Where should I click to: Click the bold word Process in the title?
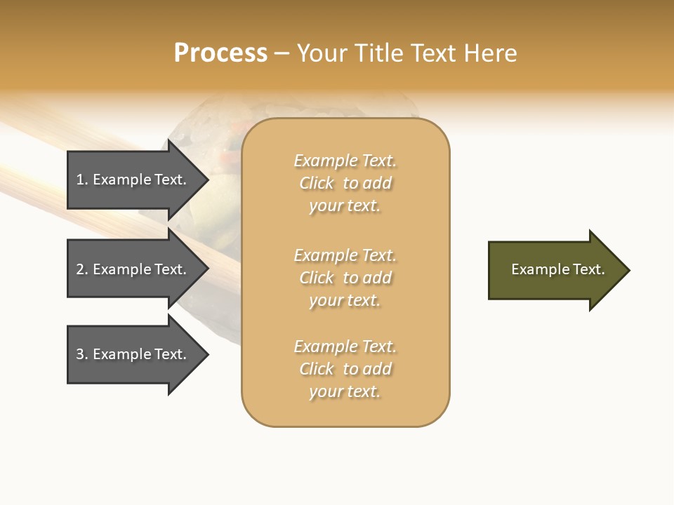tap(220, 53)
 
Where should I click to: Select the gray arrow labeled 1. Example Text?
tap(133, 180)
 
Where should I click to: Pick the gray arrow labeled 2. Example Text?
tap(133, 269)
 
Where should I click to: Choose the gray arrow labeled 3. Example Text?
tap(133, 354)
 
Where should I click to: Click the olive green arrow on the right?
tap(555, 270)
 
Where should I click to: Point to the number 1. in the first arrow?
tap(82, 180)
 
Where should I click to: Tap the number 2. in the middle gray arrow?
tap(82, 269)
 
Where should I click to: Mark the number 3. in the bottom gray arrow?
tap(82, 354)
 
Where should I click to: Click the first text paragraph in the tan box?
tap(345, 183)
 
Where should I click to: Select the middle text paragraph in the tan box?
tap(345, 278)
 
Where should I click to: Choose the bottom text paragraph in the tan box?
tap(345, 369)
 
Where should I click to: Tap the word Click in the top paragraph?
tap(317, 183)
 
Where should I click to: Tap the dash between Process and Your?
tap(282, 53)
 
